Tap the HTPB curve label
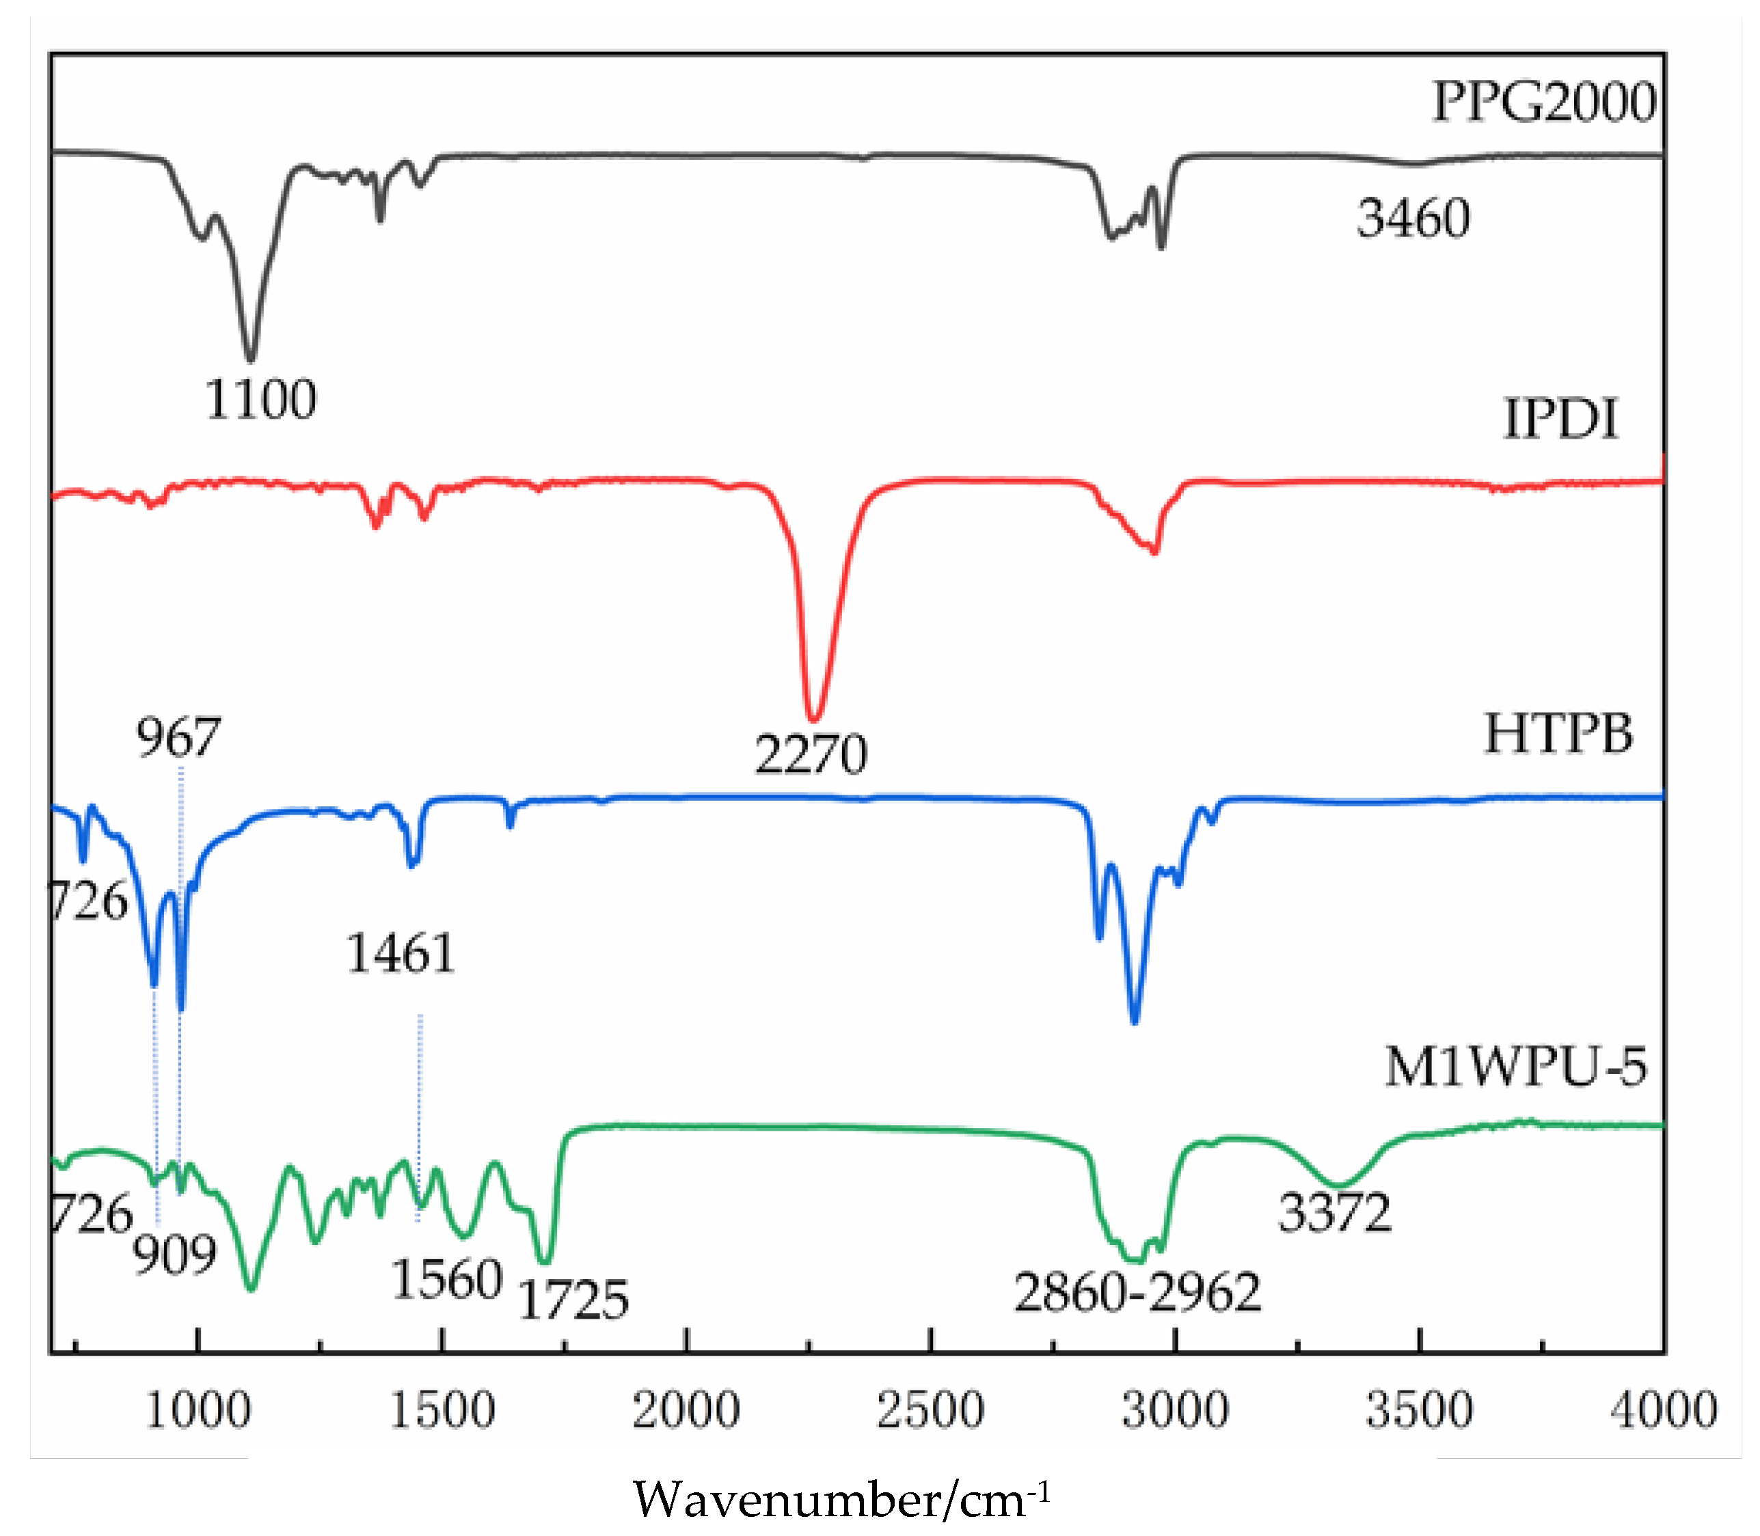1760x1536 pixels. (x=1558, y=735)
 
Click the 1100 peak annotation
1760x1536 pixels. (x=260, y=400)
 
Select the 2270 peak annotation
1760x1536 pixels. (x=811, y=754)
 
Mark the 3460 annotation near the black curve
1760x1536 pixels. (x=1413, y=218)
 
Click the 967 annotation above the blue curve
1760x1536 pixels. (x=178, y=737)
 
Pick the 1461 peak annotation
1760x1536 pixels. (x=401, y=953)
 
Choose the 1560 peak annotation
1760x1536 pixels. (x=446, y=1280)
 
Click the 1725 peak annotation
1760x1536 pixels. (x=573, y=1300)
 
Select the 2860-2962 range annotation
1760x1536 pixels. (x=1137, y=1293)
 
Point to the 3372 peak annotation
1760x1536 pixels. (x=1335, y=1213)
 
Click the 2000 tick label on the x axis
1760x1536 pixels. (x=686, y=1410)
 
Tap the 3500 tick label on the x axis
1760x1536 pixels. (x=1419, y=1410)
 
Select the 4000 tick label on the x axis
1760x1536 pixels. (x=1663, y=1410)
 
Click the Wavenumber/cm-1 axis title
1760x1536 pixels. (x=840, y=1500)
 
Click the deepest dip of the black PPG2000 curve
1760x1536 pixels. (x=250, y=358)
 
